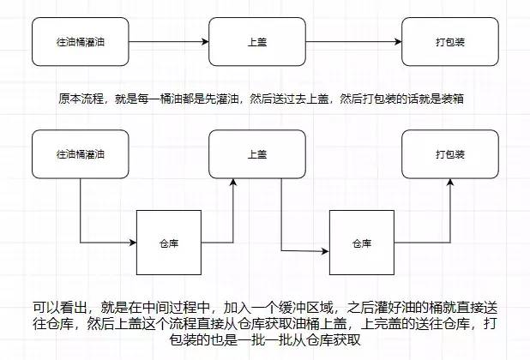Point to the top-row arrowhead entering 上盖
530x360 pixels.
(205, 42)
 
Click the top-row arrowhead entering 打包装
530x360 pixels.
(398, 42)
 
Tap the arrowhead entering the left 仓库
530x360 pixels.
(133, 243)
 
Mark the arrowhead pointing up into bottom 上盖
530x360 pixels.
(233, 183)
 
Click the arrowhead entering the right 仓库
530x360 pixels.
(325, 251)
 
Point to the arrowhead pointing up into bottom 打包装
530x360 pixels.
(450, 183)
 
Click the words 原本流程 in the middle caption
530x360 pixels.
(81, 99)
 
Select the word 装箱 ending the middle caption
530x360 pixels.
(452, 99)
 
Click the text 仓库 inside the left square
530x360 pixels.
(169, 243)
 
